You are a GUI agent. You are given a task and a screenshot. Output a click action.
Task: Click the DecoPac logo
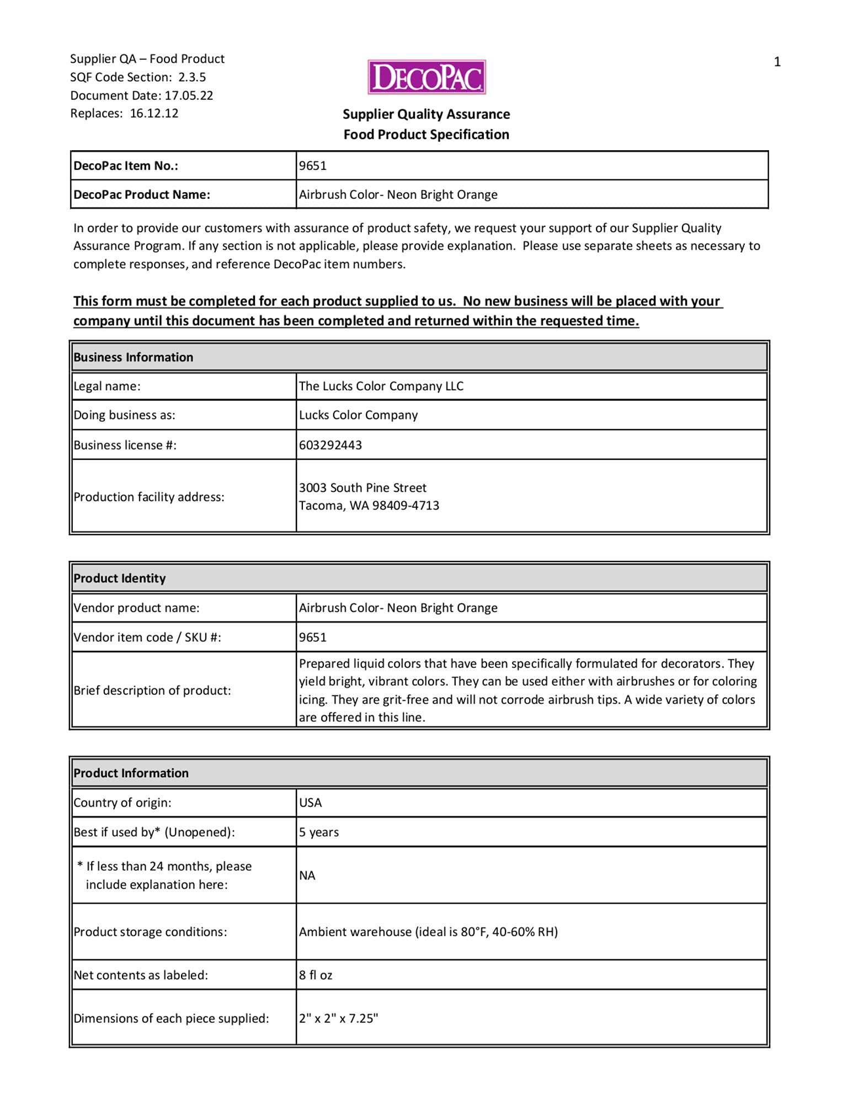[426, 77]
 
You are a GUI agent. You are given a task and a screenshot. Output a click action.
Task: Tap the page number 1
[777, 62]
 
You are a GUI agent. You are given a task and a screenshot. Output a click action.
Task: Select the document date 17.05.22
[189, 95]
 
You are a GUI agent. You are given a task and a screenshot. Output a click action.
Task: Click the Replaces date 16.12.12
[154, 113]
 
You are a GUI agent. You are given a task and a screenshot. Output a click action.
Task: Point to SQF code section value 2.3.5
[191, 77]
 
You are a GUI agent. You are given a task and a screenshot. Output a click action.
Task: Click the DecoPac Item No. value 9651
[313, 166]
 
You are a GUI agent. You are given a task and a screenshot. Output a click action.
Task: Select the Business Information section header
[133, 357]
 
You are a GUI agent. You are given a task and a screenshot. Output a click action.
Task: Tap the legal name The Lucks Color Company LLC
[381, 386]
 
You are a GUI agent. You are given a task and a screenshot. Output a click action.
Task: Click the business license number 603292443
[330, 445]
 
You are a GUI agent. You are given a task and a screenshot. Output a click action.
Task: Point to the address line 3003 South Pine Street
[362, 487]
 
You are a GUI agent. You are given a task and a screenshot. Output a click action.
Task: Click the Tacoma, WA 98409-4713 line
[369, 506]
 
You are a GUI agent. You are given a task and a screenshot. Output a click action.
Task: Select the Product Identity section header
[119, 578]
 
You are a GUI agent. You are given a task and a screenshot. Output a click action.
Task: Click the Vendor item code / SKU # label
[147, 637]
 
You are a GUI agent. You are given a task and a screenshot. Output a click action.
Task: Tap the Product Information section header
[131, 773]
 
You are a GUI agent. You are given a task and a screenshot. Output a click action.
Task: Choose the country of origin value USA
[310, 803]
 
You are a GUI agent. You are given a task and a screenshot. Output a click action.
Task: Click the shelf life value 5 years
[319, 832]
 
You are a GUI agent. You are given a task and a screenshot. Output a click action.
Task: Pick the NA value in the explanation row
[307, 875]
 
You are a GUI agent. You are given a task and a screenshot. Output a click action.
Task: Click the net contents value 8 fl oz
[316, 975]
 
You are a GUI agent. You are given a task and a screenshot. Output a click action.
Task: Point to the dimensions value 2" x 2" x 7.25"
[338, 1018]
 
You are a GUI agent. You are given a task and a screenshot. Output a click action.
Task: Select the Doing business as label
[124, 415]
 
